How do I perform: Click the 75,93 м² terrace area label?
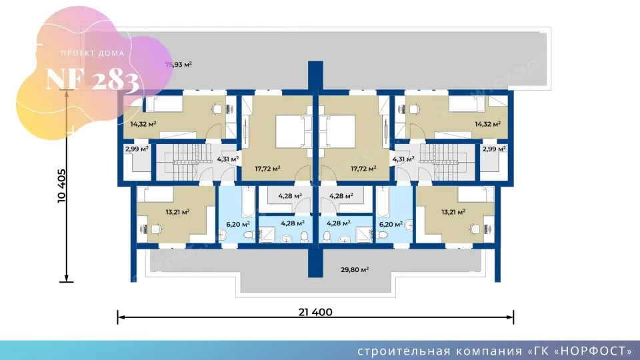tap(178, 65)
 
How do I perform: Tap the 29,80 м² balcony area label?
tap(355, 269)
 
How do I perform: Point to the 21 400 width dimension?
tap(315, 311)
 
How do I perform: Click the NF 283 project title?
tap(93, 80)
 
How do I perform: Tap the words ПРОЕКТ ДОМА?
tap(92, 53)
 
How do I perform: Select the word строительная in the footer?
tap(399, 351)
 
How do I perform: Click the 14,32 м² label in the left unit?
tap(143, 123)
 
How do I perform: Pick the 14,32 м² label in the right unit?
tap(487, 123)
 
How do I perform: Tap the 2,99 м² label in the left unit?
tap(136, 149)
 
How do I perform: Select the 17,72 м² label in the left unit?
tap(267, 169)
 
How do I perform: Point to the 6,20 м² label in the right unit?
tap(391, 225)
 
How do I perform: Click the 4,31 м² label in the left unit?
tap(228, 159)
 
